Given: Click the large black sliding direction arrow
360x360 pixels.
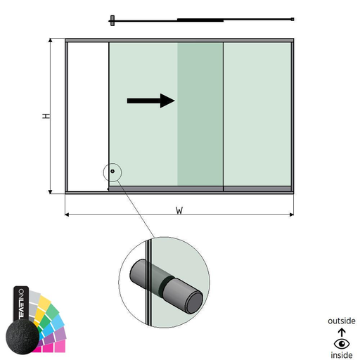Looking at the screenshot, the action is [150, 101].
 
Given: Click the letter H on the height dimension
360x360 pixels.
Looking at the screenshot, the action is [46, 116].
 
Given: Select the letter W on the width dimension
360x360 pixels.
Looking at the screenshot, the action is [179, 210].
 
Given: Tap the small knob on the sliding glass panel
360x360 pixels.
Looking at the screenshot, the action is [112, 172].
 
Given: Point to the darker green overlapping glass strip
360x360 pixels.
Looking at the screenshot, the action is [200, 114].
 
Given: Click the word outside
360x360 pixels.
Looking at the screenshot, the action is [342, 321].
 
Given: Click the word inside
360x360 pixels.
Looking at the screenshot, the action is [342, 355].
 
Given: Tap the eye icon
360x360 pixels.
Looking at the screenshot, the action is [342, 344].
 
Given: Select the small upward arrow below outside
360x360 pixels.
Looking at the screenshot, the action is [342, 333].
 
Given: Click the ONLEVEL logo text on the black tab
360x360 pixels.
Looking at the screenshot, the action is [21, 304].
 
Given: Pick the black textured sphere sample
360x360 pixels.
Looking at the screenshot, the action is [22, 337].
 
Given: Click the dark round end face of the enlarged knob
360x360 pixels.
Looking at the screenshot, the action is [194, 302].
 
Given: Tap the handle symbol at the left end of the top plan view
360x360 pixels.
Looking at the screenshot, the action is [112, 20].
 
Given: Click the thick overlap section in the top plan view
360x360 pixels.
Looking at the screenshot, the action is [200, 20].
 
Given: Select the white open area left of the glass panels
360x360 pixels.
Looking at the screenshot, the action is [89, 117].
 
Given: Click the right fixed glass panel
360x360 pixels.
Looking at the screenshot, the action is [257, 114].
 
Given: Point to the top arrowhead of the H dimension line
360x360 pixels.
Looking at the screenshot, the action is [50, 40].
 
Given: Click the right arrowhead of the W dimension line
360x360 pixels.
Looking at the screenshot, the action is [292, 214].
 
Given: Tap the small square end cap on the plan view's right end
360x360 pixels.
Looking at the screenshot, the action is [292, 19].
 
